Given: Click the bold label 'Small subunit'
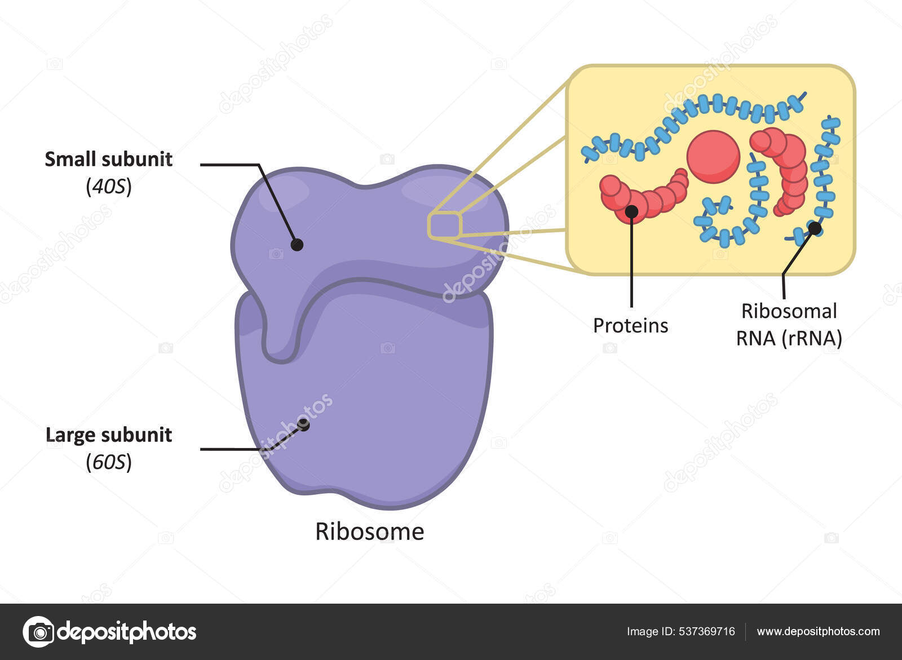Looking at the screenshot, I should point(108,160).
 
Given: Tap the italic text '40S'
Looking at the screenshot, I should point(109,187).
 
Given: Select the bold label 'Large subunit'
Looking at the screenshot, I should point(108,435).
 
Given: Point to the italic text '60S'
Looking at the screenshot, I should point(109,462).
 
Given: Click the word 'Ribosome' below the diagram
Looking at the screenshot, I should point(369,531).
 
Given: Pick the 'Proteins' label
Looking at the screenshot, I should point(630,325).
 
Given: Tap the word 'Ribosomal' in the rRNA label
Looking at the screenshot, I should point(789,311).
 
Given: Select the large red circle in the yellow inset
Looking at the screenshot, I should point(713,157).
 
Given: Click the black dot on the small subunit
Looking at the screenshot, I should point(297,245).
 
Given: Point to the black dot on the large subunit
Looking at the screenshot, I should point(304,424).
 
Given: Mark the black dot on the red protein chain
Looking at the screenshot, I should point(632,211).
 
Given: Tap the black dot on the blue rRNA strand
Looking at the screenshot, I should point(815,228).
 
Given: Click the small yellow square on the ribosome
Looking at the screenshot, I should point(445,225).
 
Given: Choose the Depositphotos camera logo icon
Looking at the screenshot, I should point(38,632).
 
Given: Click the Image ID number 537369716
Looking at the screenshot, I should point(708,632).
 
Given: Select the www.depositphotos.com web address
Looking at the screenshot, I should point(818,632).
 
